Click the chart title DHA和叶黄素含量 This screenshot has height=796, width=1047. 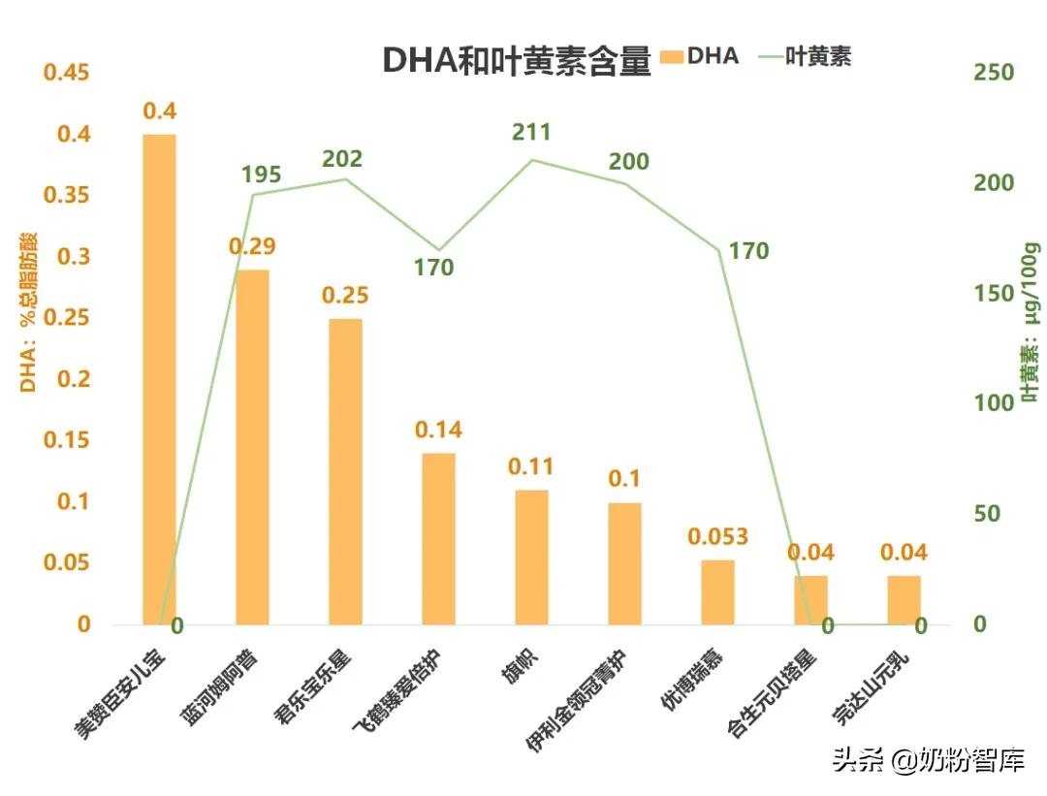[516, 59]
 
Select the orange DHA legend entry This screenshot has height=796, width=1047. [698, 56]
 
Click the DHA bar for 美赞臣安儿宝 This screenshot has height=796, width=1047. [160, 378]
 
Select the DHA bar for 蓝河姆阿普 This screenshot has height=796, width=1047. [252, 446]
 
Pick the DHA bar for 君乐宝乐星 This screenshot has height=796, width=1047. [345, 470]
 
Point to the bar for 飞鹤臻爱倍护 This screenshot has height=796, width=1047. [438, 538]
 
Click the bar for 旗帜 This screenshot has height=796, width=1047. [531, 557]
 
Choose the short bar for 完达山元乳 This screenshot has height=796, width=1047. [904, 600]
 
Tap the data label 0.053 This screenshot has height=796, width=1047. [717, 536]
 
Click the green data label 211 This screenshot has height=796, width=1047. [531, 132]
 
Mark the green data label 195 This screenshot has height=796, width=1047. [261, 175]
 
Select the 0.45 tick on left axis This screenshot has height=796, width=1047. [68, 74]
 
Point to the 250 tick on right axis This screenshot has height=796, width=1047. [994, 74]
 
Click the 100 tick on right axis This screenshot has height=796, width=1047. [994, 404]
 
